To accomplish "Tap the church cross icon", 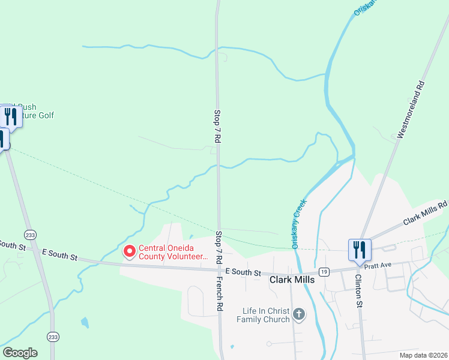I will (298, 314).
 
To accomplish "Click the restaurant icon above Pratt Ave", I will (360, 248).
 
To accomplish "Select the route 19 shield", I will (324, 271).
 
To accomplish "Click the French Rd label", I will (220, 293).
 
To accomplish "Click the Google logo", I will (20, 353).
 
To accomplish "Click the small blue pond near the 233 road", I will (85, 323).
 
